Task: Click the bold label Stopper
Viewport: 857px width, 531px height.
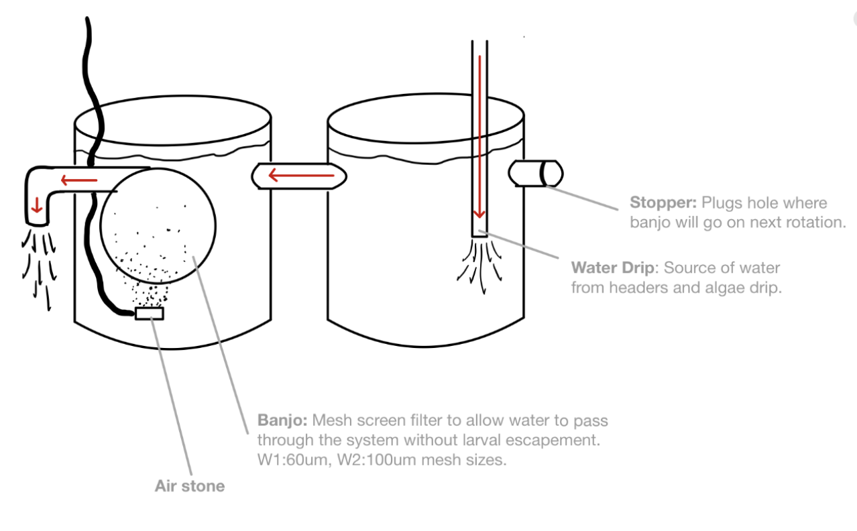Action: [663, 202]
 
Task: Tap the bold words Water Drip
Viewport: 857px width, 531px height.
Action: [612, 268]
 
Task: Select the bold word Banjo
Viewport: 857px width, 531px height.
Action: [282, 420]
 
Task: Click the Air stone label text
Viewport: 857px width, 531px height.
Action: [190, 486]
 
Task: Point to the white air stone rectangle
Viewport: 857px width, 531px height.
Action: [150, 313]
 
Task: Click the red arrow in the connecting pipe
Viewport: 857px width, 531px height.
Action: [301, 176]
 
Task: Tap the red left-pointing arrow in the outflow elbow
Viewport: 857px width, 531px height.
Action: [79, 180]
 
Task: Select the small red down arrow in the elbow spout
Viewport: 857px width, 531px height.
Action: [37, 205]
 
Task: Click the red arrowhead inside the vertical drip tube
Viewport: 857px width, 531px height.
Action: [479, 213]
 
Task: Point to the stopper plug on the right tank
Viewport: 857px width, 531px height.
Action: [536, 173]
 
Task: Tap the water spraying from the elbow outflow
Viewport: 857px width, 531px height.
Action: [40, 268]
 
